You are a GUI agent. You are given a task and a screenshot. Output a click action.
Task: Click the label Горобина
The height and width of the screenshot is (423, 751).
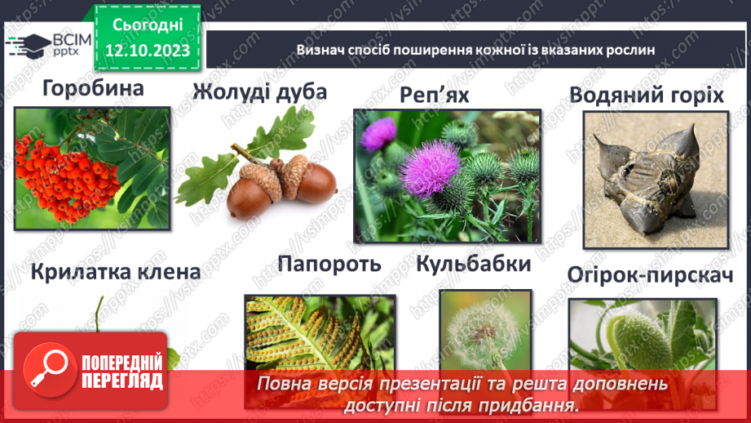point(92,88)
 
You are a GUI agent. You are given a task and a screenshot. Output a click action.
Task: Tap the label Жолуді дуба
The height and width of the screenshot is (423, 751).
point(260,91)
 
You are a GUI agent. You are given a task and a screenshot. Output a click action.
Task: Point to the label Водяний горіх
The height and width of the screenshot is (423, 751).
point(647,95)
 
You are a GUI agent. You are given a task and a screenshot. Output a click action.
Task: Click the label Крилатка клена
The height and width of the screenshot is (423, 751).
point(115,272)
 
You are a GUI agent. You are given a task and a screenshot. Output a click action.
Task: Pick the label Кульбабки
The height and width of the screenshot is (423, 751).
point(474,265)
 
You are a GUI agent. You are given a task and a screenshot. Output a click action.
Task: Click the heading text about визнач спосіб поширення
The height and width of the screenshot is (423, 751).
point(476,51)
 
